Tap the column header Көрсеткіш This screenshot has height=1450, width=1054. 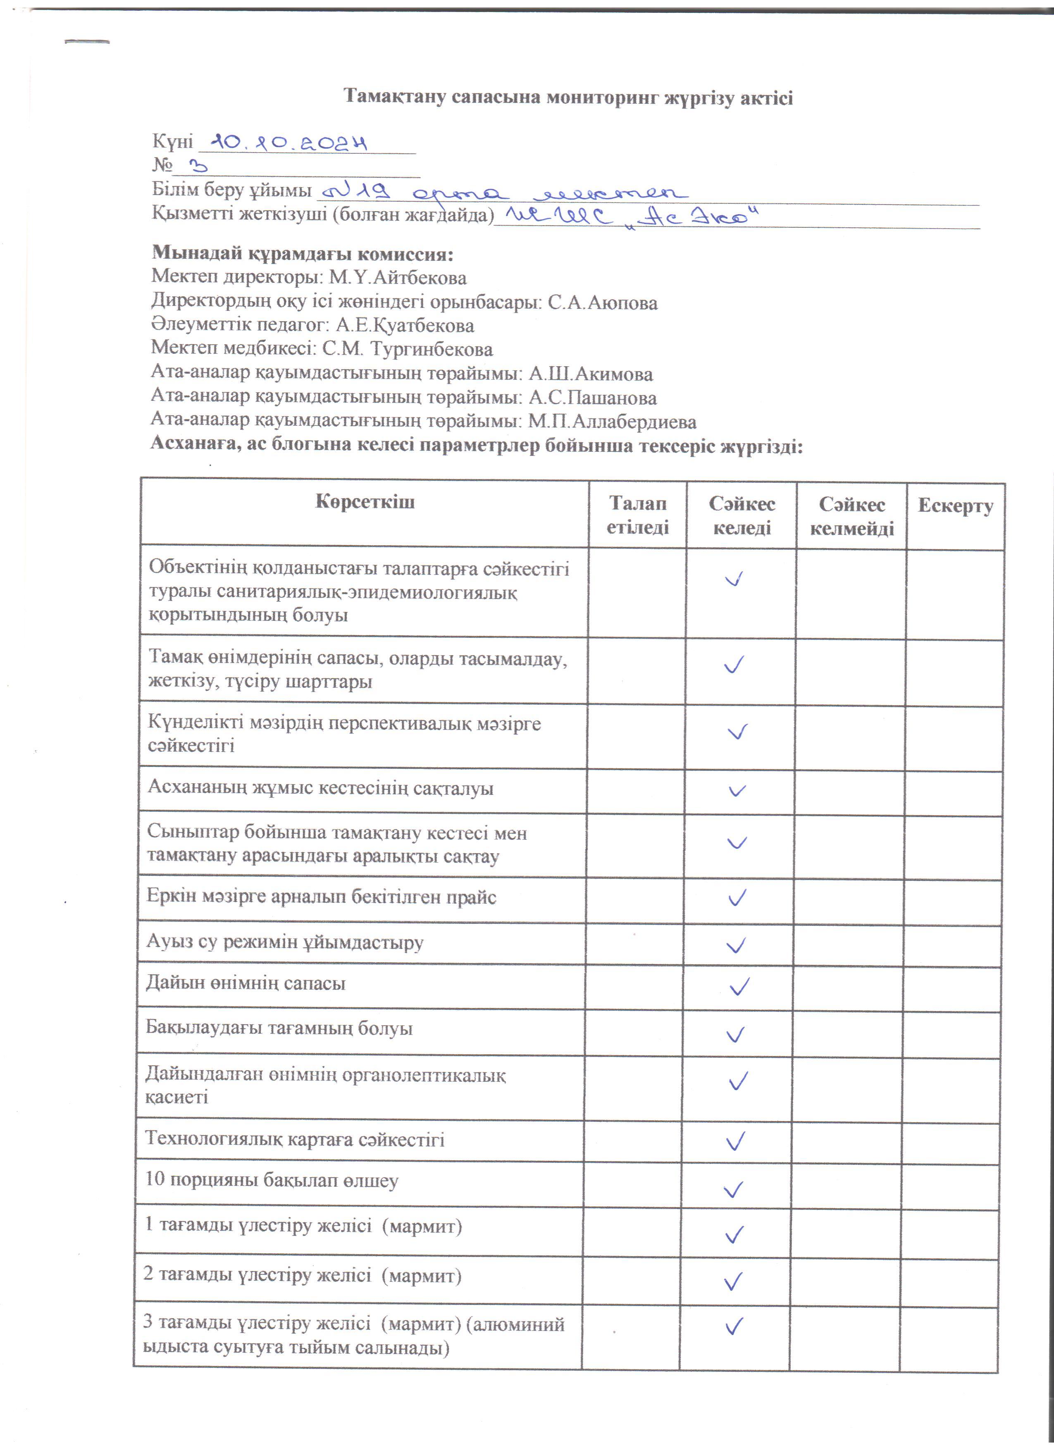click(365, 502)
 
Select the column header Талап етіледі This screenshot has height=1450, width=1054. click(637, 515)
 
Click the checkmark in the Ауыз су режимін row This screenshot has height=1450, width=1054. click(736, 945)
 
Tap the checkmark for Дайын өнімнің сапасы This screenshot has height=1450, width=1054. click(739, 987)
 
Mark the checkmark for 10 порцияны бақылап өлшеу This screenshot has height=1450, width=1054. click(733, 1189)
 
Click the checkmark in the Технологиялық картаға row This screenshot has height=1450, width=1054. click(736, 1140)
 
